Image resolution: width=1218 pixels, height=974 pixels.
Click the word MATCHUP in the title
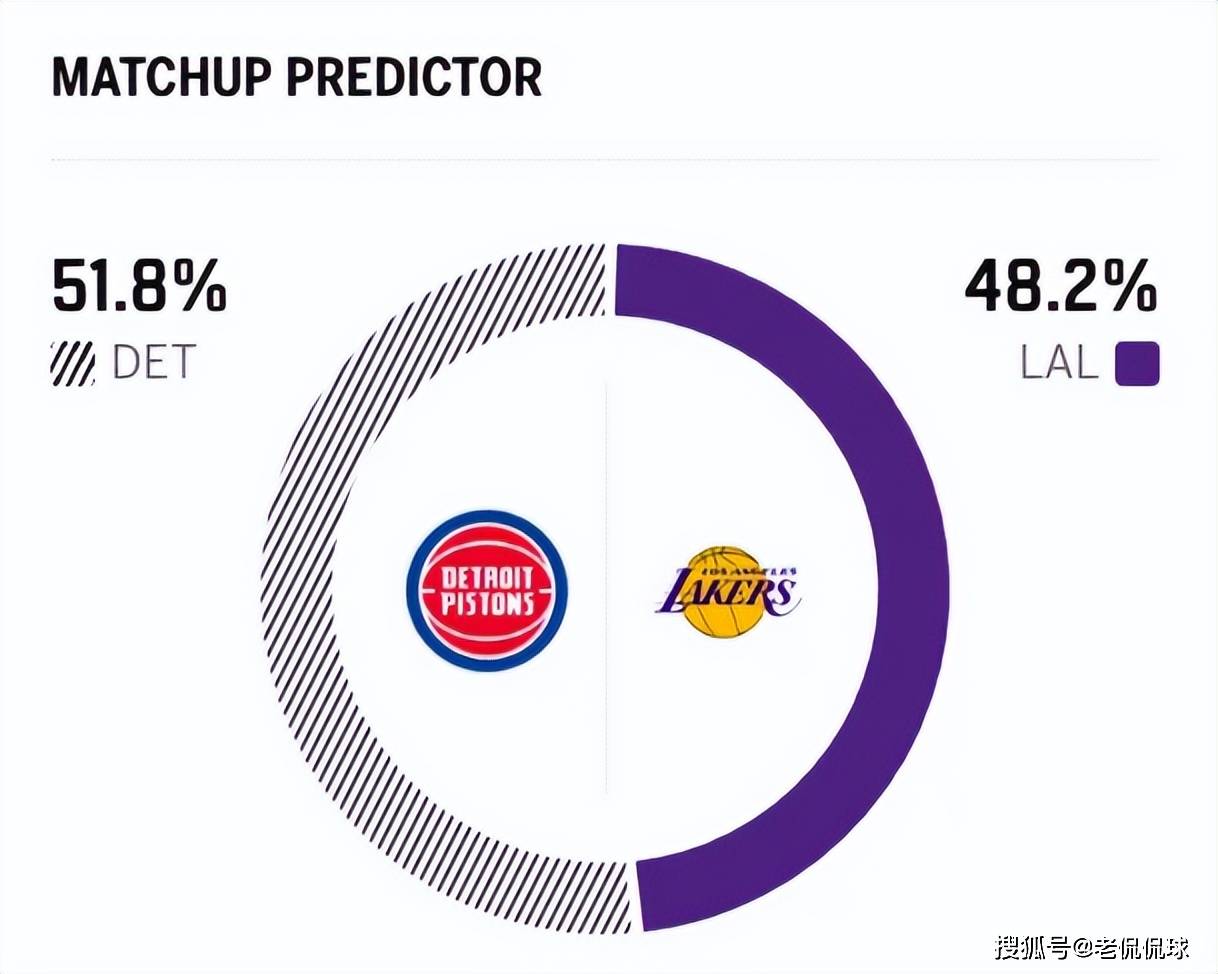coord(162,77)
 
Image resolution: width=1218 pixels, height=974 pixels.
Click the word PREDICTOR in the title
coord(415,77)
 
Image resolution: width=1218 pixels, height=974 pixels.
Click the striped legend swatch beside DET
coord(72,364)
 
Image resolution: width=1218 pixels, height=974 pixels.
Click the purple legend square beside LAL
coord(1137,364)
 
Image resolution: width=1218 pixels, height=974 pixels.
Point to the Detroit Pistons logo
coord(487,590)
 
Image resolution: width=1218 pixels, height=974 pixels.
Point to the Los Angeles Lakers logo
coord(727,592)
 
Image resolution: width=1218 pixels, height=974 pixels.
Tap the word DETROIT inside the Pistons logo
coord(487,577)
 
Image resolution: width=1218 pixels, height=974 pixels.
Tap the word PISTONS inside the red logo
coord(487,603)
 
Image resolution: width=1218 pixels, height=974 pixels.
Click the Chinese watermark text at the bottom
coord(1092,945)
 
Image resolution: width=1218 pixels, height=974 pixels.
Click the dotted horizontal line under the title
coord(605,159)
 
